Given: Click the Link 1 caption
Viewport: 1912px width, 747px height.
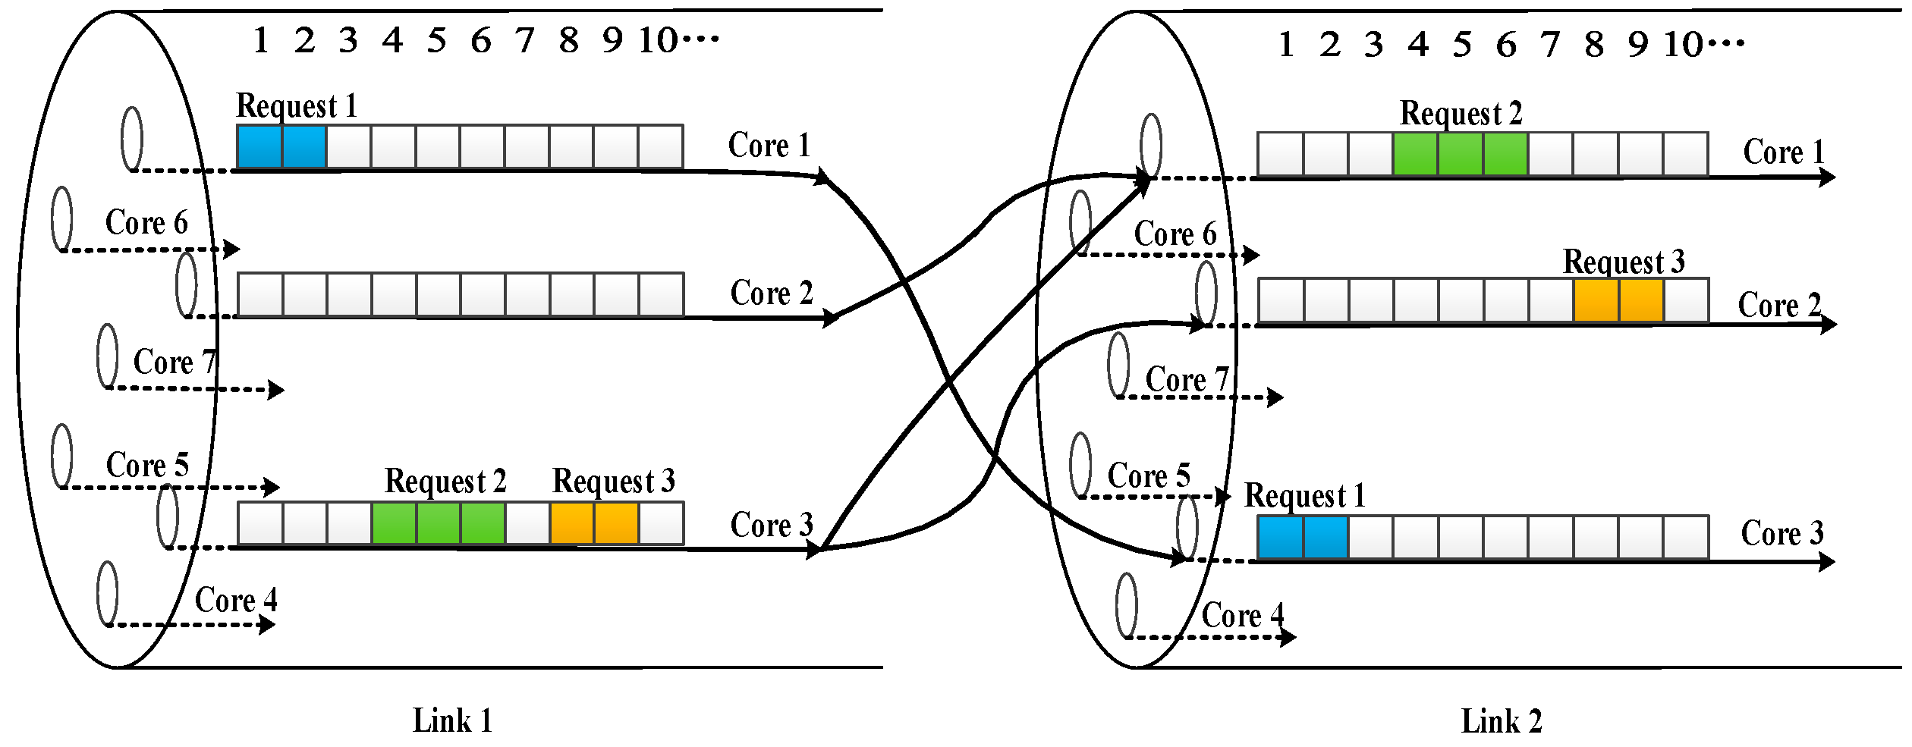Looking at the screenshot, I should tap(452, 720).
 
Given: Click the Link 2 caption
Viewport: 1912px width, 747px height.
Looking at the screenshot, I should tap(1502, 721).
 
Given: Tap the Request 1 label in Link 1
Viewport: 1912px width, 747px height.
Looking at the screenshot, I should tap(297, 106).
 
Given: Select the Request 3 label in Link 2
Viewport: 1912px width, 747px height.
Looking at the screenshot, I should tap(1624, 262).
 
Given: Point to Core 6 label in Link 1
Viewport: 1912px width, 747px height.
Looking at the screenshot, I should tap(146, 223).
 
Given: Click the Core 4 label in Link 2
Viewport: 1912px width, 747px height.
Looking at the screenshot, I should tap(1243, 615).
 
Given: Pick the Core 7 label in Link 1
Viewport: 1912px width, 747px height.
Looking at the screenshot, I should tap(175, 363).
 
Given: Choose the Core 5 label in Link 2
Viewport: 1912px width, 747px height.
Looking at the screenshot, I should tap(1149, 476).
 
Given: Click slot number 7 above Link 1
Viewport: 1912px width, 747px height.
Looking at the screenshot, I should tap(524, 41).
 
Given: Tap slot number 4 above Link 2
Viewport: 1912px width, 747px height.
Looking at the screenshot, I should tap(1418, 45).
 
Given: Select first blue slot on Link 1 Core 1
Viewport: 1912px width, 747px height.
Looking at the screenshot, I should tap(260, 146).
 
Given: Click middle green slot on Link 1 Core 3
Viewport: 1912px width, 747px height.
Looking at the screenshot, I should tap(439, 523).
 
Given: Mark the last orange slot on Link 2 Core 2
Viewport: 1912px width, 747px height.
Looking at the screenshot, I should tap(1641, 300).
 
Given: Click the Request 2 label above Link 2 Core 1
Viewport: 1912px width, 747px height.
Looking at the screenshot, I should tap(1461, 114).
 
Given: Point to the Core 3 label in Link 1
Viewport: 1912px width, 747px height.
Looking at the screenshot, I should tap(772, 526).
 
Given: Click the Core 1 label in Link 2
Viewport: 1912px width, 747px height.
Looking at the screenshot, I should tap(1784, 152).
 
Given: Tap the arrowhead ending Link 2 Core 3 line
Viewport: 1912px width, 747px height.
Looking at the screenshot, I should tap(1827, 562).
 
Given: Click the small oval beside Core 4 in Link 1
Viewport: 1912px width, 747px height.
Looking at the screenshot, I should tap(108, 594).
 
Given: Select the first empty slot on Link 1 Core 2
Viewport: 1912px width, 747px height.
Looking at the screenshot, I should tap(260, 294).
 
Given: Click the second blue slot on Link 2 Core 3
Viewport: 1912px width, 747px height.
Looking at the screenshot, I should tap(1325, 537).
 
